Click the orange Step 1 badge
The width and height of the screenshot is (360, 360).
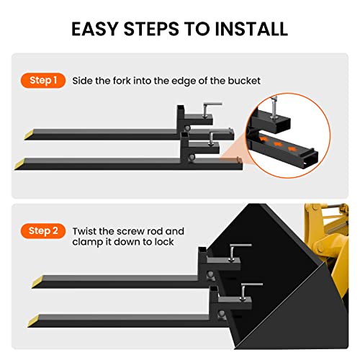(43, 81)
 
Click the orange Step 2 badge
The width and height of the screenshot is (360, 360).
(43, 231)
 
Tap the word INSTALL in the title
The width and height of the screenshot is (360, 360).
(251, 29)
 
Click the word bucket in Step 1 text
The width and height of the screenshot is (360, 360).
(244, 81)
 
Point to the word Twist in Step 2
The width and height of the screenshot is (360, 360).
(84, 231)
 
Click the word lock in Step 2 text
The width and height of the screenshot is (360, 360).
(164, 242)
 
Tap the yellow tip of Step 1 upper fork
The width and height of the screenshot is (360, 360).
(30, 135)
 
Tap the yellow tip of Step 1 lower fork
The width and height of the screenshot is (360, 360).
(20, 164)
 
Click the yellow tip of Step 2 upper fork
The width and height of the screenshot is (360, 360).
(37, 282)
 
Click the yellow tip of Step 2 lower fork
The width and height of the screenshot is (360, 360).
(34, 321)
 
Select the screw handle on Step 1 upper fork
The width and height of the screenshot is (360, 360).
(212, 104)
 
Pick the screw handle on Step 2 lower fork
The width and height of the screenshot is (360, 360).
(252, 285)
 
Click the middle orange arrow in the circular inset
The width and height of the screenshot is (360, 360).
(278, 144)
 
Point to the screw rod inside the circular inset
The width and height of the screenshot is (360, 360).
(274, 106)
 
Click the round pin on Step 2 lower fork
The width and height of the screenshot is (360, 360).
(222, 314)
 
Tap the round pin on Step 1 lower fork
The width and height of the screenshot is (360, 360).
(192, 158)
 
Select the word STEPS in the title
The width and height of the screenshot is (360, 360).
(151, 29)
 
